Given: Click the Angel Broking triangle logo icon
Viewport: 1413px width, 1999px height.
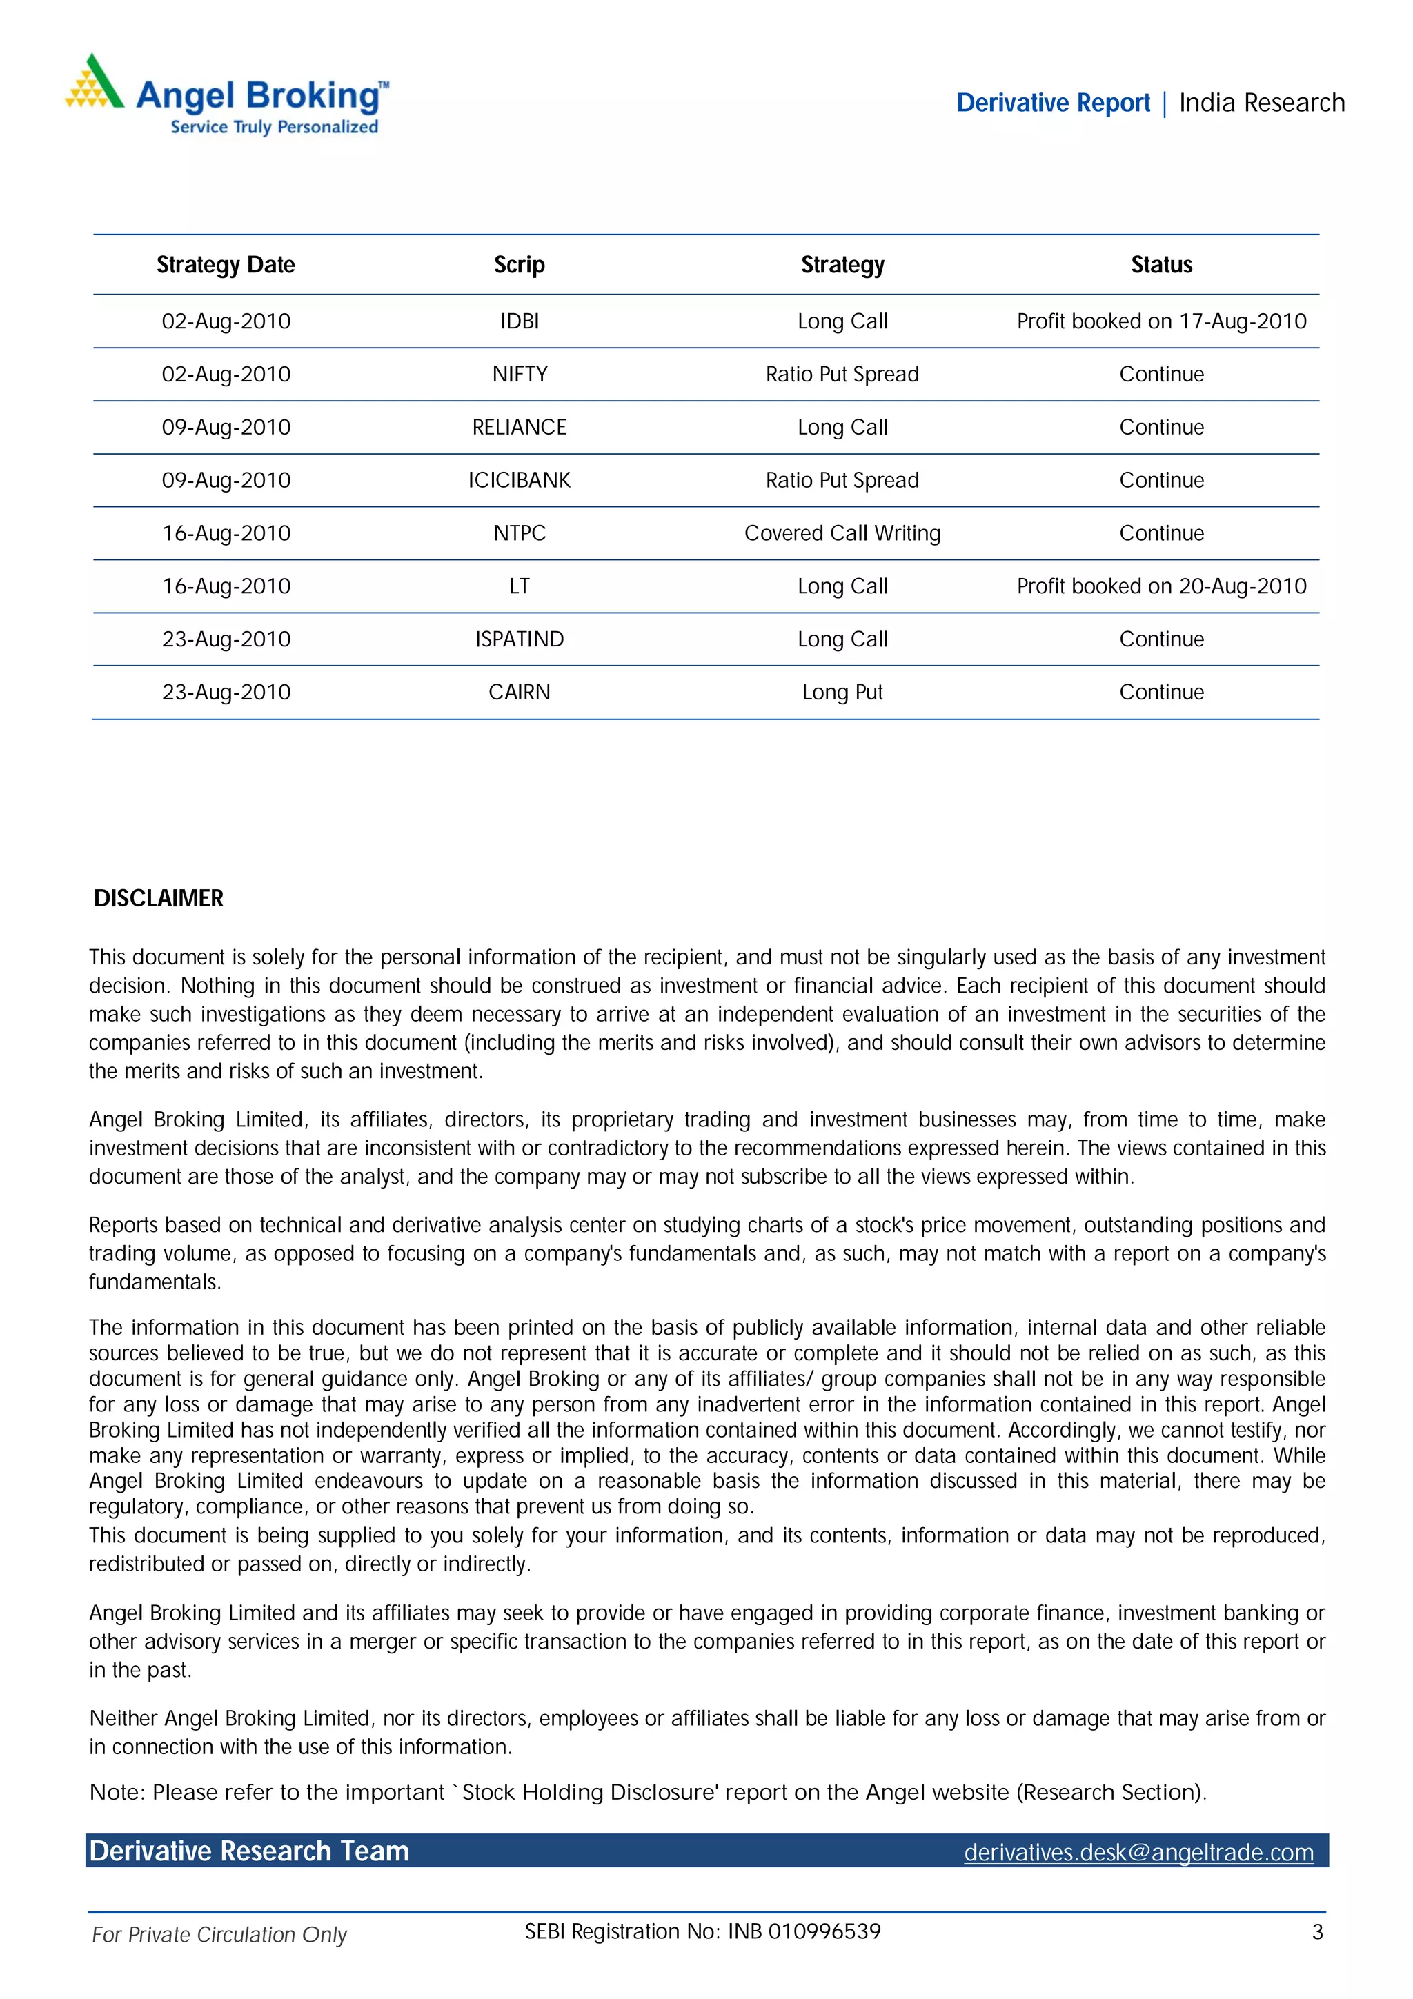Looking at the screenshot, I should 94,83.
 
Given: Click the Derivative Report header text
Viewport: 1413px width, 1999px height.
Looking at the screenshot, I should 1053,103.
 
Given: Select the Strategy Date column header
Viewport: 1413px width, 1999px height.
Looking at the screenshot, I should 226,265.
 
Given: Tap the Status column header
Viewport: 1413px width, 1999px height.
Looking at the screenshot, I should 1160,265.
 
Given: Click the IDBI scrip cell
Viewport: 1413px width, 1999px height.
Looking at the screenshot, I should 519,321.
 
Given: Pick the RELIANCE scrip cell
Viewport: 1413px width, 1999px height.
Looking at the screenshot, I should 519,428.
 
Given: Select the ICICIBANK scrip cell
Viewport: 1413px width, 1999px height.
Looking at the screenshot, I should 519,481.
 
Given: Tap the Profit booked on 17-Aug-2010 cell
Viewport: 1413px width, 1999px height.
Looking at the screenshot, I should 1160,321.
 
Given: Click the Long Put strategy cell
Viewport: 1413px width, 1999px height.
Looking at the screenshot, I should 842,692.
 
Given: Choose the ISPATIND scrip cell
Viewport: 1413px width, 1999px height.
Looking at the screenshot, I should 519,639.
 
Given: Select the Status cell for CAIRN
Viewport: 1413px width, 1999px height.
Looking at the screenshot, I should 1160,692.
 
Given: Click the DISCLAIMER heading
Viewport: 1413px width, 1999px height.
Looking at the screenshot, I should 159,899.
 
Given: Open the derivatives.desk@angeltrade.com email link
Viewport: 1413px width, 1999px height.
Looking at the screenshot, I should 1138,1852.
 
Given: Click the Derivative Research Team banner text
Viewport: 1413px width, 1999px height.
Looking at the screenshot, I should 249,1851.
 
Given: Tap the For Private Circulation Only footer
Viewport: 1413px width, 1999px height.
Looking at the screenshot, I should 219,1935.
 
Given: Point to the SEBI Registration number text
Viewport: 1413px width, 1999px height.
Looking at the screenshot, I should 702,1931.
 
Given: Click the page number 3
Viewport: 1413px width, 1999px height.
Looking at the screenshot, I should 1317,1932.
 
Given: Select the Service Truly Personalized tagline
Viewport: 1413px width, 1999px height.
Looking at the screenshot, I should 274,127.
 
